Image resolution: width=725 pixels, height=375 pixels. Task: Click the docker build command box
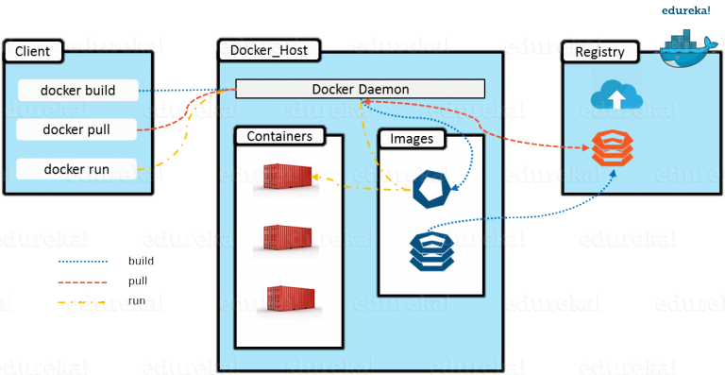[78, 91]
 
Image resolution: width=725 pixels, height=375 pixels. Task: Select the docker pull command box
[78, 128]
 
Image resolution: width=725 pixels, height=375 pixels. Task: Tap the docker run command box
[78, 169]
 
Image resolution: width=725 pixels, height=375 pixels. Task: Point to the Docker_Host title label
[268, 48]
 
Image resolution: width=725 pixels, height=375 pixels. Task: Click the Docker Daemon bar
[360, 89]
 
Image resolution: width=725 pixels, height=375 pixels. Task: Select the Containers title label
[279, 136]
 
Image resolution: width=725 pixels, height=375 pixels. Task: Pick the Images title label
[412, 139]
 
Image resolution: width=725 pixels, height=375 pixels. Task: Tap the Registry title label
[600, 52]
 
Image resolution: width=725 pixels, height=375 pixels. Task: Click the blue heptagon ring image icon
[435, 189]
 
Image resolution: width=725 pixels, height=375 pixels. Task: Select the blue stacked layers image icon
[434, 249]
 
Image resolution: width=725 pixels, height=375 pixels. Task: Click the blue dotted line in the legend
[83, 261]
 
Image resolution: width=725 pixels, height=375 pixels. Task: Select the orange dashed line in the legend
[83, 281]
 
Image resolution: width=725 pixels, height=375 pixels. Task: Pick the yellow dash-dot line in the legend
[83, 303]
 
